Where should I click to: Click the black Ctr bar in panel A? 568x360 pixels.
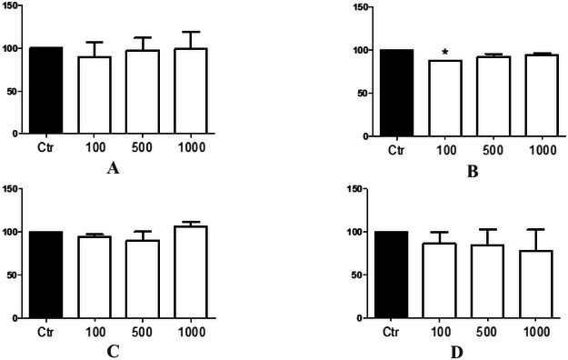45,90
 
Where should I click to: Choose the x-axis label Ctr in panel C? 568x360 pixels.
45,331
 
